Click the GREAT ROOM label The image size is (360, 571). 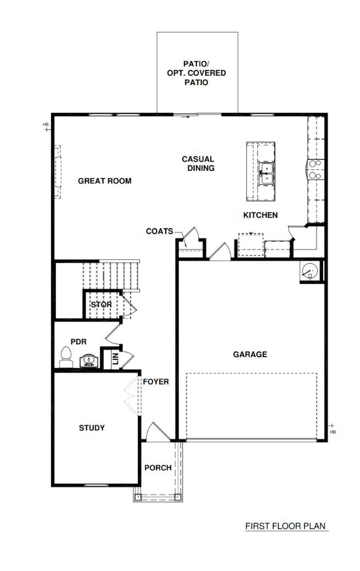(x=105, y=181)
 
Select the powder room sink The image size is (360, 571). (x=89, y=361)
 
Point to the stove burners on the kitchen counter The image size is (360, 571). (x=316, y=169)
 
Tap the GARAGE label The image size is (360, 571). (x=250, y=354)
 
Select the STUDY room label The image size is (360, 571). (x=92, y=427)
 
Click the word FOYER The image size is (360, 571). (x=156, y=382)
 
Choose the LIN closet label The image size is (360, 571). (x=116, y=358)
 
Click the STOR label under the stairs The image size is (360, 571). (x=101, y=304)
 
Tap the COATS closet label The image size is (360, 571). (x=160, y=231)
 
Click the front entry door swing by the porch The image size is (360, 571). (x=158, y=431)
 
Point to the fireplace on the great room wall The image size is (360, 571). (x=58, y=172)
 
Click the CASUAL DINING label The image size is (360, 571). (x=198, y=163)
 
